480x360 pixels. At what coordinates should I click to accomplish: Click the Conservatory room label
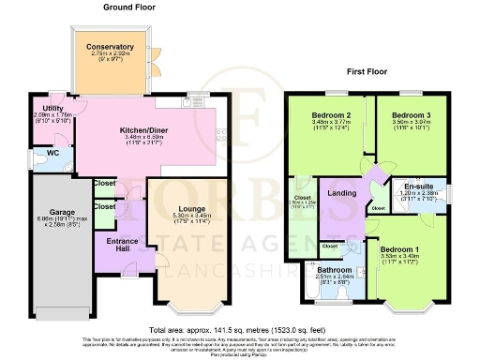pyautogui.click(x=112, y=46)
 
